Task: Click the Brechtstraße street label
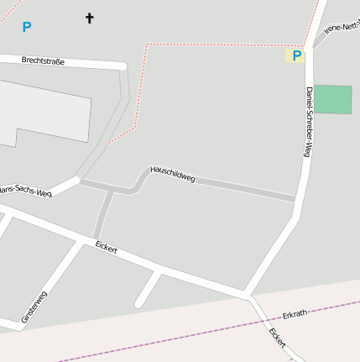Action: coord(44,60)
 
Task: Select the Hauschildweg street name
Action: coord(172,173)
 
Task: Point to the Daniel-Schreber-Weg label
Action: coord(309,122)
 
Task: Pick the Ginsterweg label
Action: coord(34,306)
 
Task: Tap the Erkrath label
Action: coord(295,313)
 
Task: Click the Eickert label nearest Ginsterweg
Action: coord(106,248)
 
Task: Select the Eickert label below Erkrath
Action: coord(278,338)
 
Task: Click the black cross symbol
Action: coord(90,18)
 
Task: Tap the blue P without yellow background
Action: coord(26,27)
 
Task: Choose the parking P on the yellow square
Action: coord(295,55)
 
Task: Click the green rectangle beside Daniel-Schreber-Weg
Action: coord(333,99)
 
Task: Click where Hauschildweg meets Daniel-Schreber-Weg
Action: coord(295,199)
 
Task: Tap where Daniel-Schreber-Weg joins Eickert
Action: coord(248,295)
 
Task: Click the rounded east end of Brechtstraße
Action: coord(123,66)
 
